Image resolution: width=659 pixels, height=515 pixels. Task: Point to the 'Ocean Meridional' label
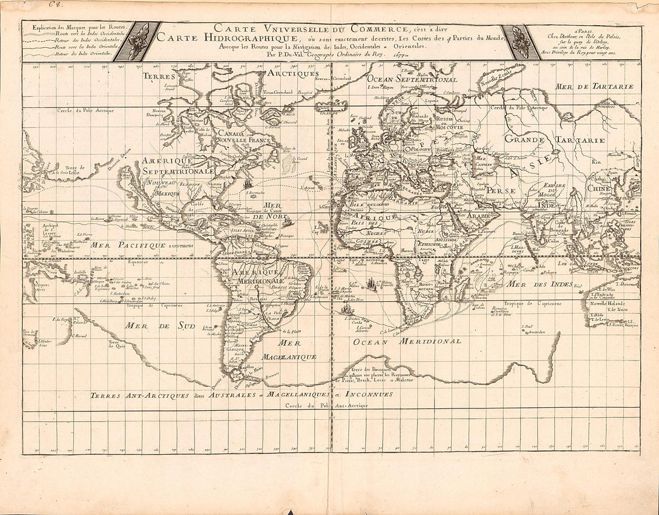coord(407,341)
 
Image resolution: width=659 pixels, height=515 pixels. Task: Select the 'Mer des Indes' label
coord(539,284)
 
